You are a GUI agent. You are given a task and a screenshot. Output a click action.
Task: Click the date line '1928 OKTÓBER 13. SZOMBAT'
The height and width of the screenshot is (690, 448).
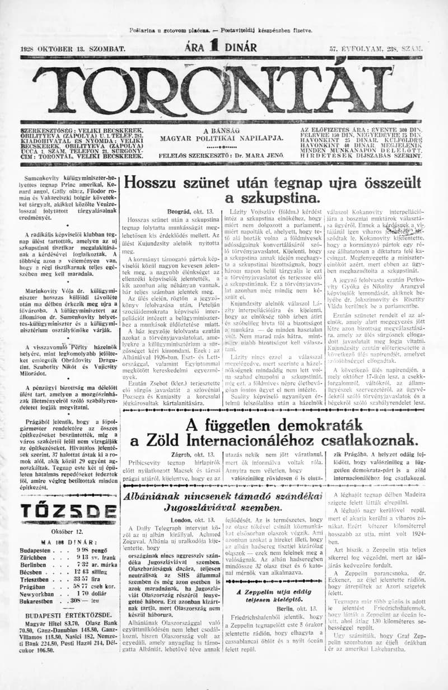pyautogui.click(x=73, y=49)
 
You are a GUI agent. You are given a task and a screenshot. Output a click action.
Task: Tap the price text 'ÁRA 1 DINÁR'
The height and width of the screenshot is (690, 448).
pyautogui.click(x=221, y=48)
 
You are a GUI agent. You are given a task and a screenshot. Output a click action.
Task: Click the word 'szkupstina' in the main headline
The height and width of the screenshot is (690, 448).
pyautogui.click(x=272, y=198)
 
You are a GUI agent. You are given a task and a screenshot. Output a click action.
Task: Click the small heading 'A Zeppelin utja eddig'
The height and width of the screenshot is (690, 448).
pyautogui.click(x=273, y=591)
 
